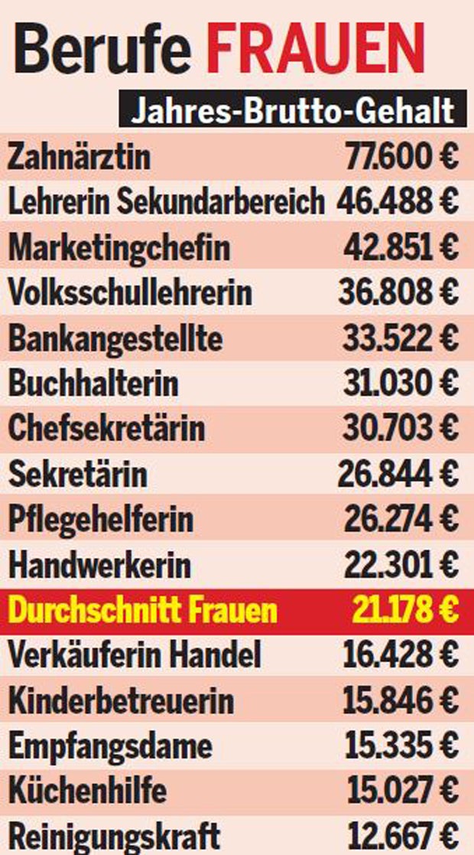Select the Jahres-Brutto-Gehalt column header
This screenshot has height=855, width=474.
[x=294, y=112]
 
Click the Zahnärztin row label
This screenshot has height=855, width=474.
[x=79, y=158]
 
